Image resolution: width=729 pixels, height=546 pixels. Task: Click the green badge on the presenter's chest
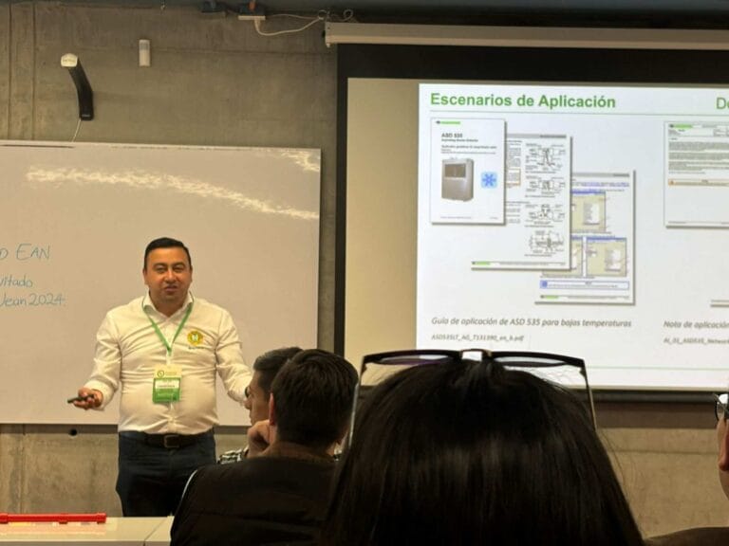point(167,383)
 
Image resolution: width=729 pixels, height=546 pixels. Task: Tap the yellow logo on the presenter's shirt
point(195,337)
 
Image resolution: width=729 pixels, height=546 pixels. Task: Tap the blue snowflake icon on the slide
point(489,179)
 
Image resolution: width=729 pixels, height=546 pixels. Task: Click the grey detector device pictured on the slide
point(458,178)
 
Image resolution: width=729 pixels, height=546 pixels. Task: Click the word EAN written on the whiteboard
point(33,253)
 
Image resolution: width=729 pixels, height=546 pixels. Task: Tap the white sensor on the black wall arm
point(69,61)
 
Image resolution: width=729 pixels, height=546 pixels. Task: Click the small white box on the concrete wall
point(144,52)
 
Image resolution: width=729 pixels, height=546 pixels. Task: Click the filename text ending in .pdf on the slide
point(477,337)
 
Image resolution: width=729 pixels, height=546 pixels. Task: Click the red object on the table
point(52,519)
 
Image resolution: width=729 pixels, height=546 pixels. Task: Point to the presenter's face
point(168,272)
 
